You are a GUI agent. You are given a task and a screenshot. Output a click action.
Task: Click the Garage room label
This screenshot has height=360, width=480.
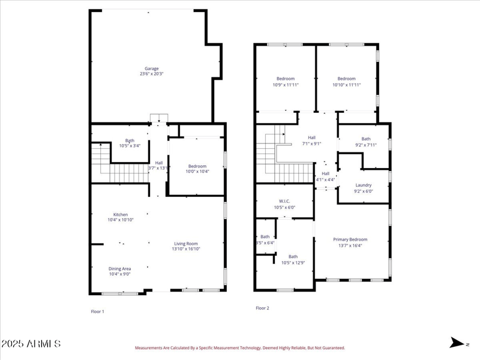151,68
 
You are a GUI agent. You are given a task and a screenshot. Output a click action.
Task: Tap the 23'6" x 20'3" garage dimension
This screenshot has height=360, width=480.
151,74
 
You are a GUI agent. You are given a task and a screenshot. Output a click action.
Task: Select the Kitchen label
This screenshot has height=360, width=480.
121,214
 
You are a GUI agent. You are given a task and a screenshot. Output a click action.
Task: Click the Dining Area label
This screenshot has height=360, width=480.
120,268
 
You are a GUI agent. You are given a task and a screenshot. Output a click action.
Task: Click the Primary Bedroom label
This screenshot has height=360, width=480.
350,239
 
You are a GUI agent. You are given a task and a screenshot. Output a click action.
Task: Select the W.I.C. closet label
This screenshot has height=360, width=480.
284,202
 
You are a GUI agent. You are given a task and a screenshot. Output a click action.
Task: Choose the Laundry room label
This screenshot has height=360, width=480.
364,185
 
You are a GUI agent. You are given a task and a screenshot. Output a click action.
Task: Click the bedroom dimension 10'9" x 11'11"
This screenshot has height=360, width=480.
286,85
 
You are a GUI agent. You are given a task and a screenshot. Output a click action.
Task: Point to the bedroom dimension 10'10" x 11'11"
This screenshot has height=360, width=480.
346,85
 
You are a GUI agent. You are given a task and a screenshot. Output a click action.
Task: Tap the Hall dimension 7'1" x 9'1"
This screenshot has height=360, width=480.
311,143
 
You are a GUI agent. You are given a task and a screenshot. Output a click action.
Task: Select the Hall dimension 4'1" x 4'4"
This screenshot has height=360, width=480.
325,179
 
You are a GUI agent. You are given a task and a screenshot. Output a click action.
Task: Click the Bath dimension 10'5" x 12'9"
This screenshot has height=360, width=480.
293,262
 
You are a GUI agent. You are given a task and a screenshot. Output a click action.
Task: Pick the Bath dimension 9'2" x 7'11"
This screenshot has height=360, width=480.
366,144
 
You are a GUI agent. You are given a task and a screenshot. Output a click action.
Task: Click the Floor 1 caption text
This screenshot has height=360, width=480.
97,311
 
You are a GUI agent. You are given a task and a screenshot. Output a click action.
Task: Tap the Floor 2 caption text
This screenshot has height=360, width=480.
262,308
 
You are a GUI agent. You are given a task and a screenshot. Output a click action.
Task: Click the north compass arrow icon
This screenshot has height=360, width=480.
459,343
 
